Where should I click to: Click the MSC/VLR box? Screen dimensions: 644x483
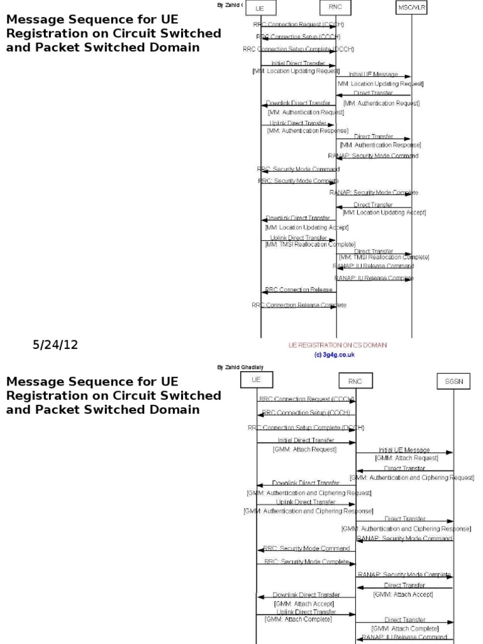point(413,9)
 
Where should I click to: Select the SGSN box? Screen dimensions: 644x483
point(453,381)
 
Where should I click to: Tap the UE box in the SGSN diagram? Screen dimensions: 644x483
point(256,380)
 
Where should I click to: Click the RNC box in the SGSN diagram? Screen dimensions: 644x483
point(355,381)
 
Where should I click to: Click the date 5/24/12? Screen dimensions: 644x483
point(55,345)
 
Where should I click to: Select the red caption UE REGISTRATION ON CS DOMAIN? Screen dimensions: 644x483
point(337,345)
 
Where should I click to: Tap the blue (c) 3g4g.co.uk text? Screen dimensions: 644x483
point(335,354)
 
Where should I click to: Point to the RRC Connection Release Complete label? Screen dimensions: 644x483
point(299,305)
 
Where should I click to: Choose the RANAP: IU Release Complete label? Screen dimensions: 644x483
point(374,277)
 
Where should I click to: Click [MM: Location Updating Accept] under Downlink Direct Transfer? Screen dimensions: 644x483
point(307,227)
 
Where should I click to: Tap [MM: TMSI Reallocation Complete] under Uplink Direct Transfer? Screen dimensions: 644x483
point(310,244)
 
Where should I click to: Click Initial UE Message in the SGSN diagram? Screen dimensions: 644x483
point(404,450)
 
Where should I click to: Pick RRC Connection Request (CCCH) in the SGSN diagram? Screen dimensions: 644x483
point(306,399)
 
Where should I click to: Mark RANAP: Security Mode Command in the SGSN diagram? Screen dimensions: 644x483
point(404,538)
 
